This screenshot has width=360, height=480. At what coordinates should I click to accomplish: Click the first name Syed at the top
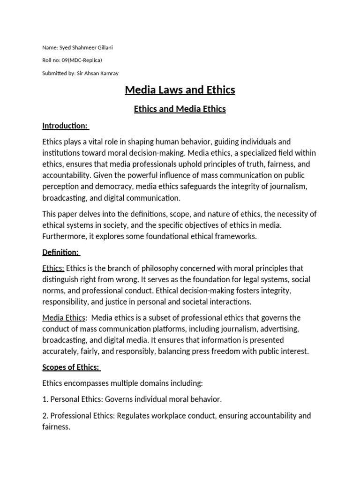pos(64,47)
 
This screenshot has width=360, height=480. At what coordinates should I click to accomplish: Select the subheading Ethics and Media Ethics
pos(180,109)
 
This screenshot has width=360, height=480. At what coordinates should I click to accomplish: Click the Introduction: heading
pos(66,126)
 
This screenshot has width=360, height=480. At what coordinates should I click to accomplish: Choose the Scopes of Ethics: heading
pos(72,367)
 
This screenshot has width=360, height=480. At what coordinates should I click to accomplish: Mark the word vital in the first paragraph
pos(96,142)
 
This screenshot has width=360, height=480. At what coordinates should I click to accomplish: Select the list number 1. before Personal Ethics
pos(45,399)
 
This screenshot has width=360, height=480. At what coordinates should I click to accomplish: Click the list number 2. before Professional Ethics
pos(45,415)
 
